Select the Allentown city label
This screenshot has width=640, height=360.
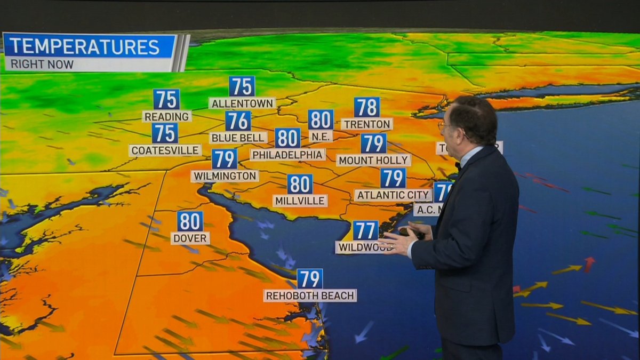[x=242, y=103]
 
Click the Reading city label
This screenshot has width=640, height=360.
[x=167, y=116]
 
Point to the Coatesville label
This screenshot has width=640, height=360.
[x=165, y=150]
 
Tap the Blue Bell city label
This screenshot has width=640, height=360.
[x=238, y=138]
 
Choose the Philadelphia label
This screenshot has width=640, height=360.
[x=287, y=155]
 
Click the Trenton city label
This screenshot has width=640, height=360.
[x=367, y=124]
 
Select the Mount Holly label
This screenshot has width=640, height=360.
[x=373, y=160]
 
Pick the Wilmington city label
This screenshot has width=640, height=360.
[x=225, y=176]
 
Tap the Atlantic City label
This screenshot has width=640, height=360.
[x=393, y=195]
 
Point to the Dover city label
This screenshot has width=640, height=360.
[x=190, y=238]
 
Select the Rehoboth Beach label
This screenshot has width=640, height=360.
[x=309, y=295]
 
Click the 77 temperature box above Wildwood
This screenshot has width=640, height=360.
[x=365, y=230]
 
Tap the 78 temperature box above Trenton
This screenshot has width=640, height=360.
[x=367, y=107]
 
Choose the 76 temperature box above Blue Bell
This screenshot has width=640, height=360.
[x=238, y=121]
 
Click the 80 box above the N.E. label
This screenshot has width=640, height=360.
[x=321, y=119]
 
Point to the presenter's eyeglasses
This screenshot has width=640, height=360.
[x=442, y=125]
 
